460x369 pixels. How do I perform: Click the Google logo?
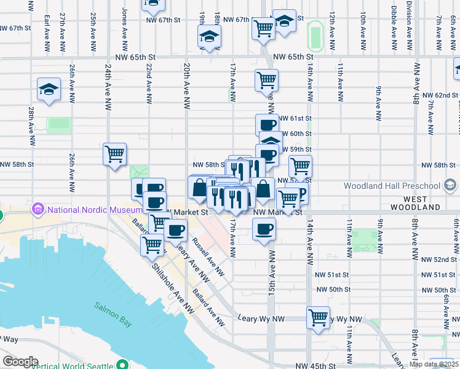(20, 362)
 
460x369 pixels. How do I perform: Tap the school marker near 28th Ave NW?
(49, 90)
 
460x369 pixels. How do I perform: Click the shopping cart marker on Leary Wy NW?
(318, 318)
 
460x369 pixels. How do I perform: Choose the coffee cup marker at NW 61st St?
(266, 125)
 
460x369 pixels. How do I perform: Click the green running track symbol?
(315, 37)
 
